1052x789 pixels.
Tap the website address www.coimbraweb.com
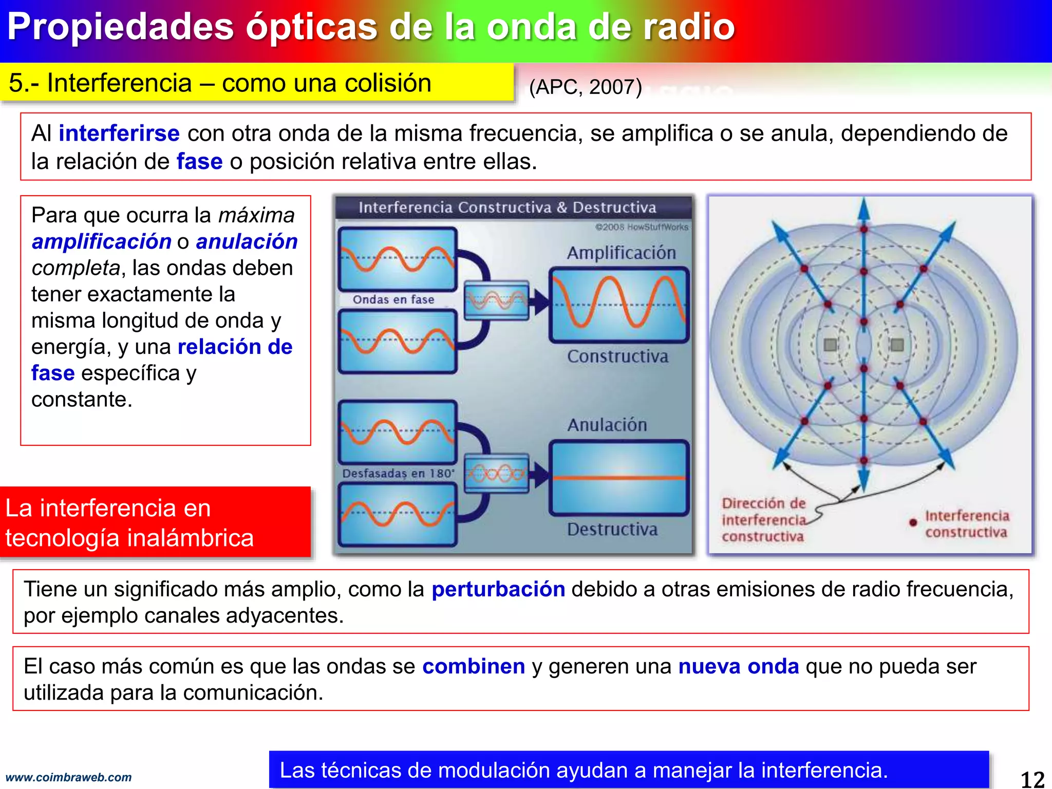pyautogui.click(x=68, y=778)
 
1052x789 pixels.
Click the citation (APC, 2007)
pyautogui.click(x=586, y=87)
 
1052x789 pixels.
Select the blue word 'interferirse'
pyautogui.click(x=119, y=134)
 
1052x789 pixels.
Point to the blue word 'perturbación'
pyautogui.click(x=498, y=589)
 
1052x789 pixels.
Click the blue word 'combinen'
pyautogui.click(x=473, y=666)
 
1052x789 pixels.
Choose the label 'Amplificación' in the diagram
pyautogui.click(x=621, y=253)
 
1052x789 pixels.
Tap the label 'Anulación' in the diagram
pyautogui.click(x=607, y=425)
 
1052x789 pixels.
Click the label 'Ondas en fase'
pyautogui.click(x=393, y=299)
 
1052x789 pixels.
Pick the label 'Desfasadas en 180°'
pyautogui.click(x=398, y=473)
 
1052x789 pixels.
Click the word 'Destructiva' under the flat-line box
pyautogui.click(x=612, y=529)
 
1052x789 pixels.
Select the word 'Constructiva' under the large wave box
pyautogui.click(x=617, y=356)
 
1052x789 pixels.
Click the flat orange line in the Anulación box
pyautogui.click(x=618, y=478)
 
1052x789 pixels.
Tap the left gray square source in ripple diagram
pyautogui.click(x=830, y=344)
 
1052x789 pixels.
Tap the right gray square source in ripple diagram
pyautogui.click(x=897, y=344)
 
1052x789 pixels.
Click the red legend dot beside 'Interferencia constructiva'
pyautogui.click(x=913, y=522)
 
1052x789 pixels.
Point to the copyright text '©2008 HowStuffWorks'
pyautogui.click(x=641, y=227)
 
